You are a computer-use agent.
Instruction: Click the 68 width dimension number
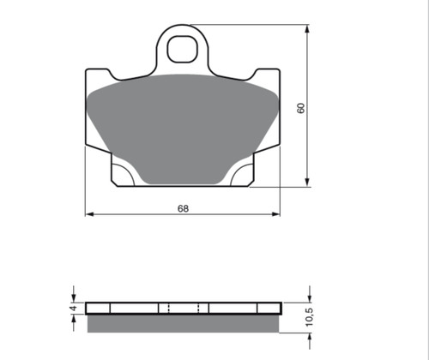pyautogui.click(x=183, y=208)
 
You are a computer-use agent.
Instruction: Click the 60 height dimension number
pyautogui.click(x=301, y=108)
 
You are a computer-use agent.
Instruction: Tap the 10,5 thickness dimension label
pyautogui.click(x=310, y=317)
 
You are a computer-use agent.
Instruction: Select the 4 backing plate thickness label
pyautogui.click(x=74, y=309)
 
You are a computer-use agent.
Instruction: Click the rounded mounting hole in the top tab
pyautogui.click(x=183, y=49)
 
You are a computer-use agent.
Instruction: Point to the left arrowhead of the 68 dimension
pyautogui.click(x=90, y=214)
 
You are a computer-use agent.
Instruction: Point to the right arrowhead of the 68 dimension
pyautogui.click(x=275, y=214)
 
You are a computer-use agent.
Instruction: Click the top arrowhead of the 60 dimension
pyautogui.click(x=307, y=29)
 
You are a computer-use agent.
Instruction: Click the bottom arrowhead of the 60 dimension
pyautogui.click(x=307, y=183)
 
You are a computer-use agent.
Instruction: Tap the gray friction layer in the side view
pyautogui.click(x=183, y=323)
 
